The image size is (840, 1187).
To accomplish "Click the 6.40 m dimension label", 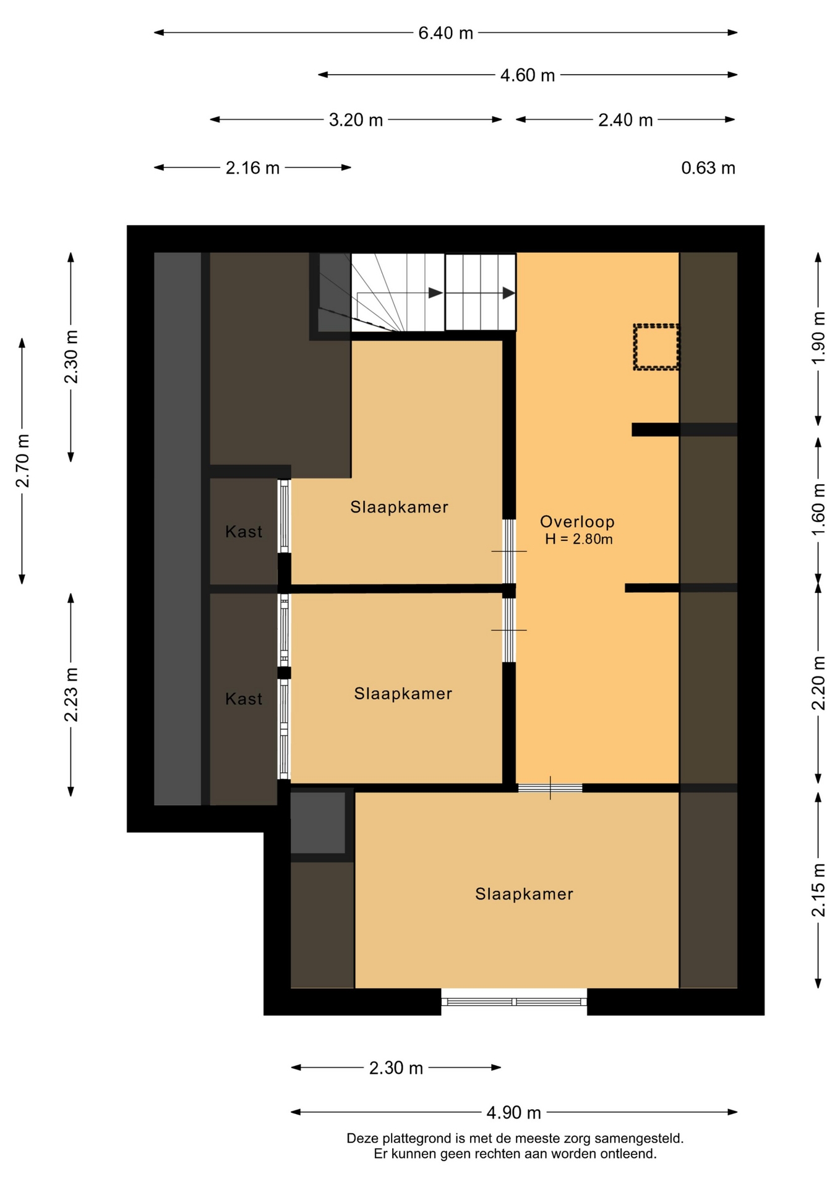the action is point(445,33).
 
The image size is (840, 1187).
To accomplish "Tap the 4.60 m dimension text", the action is point(527,75).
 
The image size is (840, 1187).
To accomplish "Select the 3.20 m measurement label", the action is point(356,120).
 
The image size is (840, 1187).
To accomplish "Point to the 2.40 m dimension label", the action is point(625,120).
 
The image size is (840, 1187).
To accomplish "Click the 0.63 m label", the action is point(708,168).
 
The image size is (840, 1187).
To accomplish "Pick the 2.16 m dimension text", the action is point(252,168).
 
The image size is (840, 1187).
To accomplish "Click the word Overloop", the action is point(577,522).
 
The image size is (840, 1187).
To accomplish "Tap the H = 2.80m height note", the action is point(578,539).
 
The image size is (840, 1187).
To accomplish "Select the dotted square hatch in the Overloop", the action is point(656,347).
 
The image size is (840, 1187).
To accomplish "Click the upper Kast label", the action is point(244,532).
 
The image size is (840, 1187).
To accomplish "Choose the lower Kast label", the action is point(244,699).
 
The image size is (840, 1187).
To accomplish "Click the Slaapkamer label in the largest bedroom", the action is point(524,894).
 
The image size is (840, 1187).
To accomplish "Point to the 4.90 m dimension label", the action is point(513,1113).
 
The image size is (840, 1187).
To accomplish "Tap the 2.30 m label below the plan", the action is point(396,1068).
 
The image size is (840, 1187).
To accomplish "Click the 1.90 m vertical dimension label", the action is point(818,338).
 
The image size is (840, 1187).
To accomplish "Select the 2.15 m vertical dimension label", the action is point(818,890).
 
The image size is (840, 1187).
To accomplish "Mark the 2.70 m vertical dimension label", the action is point(22,461).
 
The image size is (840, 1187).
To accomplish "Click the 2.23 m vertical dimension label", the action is point(71,695).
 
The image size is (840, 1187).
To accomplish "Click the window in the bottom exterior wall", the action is point(514,1002).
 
